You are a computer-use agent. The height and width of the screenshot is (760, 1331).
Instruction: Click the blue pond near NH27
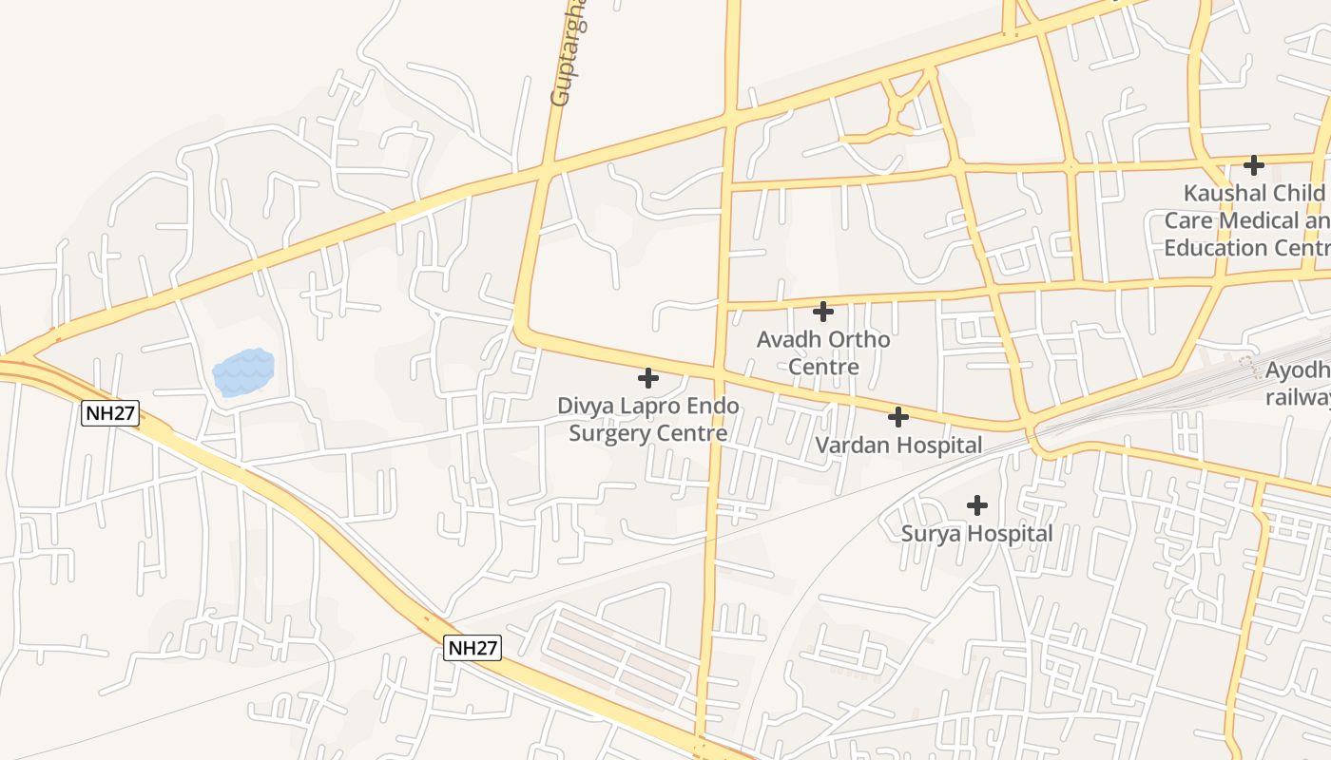click(243, 372)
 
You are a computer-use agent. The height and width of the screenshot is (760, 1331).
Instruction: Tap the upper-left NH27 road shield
click(111, 413)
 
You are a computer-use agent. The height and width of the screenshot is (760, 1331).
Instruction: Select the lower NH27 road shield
click(473, 648)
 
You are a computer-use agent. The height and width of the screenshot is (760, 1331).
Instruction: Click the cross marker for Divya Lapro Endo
click(648, 378)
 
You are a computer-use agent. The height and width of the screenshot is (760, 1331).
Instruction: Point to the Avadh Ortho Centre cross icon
click(823, 311)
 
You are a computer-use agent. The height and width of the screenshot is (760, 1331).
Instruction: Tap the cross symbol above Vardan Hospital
click(897, 416)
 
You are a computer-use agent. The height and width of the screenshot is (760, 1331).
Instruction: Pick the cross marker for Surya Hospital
click(976, 505)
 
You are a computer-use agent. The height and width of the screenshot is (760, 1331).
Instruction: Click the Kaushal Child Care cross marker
click(1254, 165)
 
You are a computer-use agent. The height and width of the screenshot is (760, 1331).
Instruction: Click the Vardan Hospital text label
click(898, 445)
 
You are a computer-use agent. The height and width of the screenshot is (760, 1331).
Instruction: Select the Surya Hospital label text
click(976, 534)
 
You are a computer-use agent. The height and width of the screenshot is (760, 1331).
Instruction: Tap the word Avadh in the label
click(789, 339)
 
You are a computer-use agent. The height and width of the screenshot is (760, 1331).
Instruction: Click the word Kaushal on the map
click(1225, 193)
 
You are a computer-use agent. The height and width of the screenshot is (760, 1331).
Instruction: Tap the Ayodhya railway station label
click(1298, 384)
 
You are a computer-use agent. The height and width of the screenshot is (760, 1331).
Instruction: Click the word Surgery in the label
click(608, 434)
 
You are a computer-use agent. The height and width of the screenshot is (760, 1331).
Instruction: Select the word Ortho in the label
click(859, 339)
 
